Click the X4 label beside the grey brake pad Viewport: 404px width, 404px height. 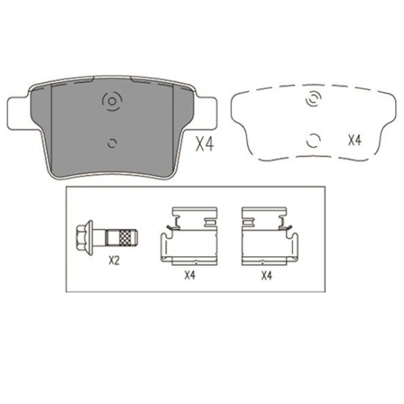205,144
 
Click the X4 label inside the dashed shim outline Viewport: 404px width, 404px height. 355,140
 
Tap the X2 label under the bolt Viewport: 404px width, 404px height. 114,261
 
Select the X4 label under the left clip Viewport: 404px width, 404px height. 190,275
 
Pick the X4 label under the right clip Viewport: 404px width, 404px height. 267,276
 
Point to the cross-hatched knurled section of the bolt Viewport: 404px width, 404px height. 125,238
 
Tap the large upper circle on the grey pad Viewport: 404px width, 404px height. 112,101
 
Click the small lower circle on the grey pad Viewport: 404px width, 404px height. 112,143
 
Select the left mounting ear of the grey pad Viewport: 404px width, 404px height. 18,113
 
